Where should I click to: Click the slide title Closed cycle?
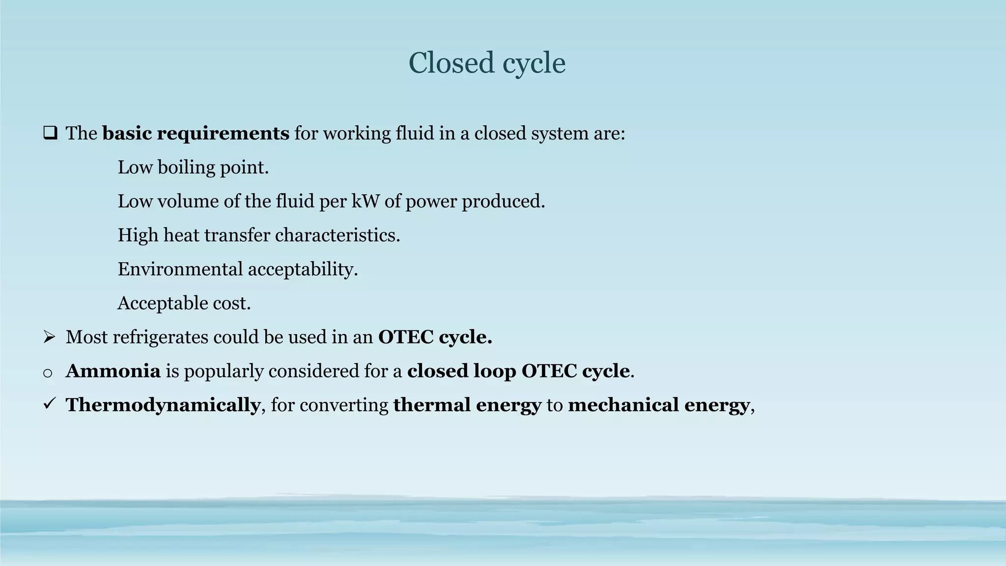pyautogui.click(x=487, y=63)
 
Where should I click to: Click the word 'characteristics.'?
pyautogui.click(x=337, y=235)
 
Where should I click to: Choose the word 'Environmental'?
pyautogui.click(x=180, y=269)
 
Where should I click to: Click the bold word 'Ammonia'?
pyautogui.click(x=113, y=371)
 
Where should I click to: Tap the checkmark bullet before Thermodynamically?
pyautogui.click(x=49, y=404)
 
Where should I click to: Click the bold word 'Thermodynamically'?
pyautogui.click(x=163, y=405)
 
